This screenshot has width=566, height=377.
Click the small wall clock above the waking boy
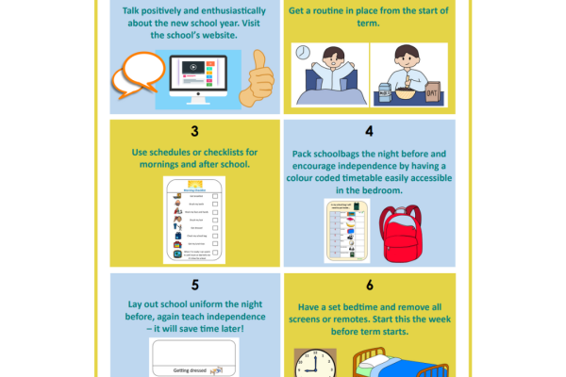(x=303, y=53)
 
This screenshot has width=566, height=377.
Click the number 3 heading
(x=194, y=131)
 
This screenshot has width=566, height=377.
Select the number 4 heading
(x=369, y=131)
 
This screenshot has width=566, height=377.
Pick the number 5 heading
(x=194, y=284)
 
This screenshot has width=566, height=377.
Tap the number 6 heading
(x=369, y=284)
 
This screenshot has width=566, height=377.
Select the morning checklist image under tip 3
(x=194, y=220)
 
